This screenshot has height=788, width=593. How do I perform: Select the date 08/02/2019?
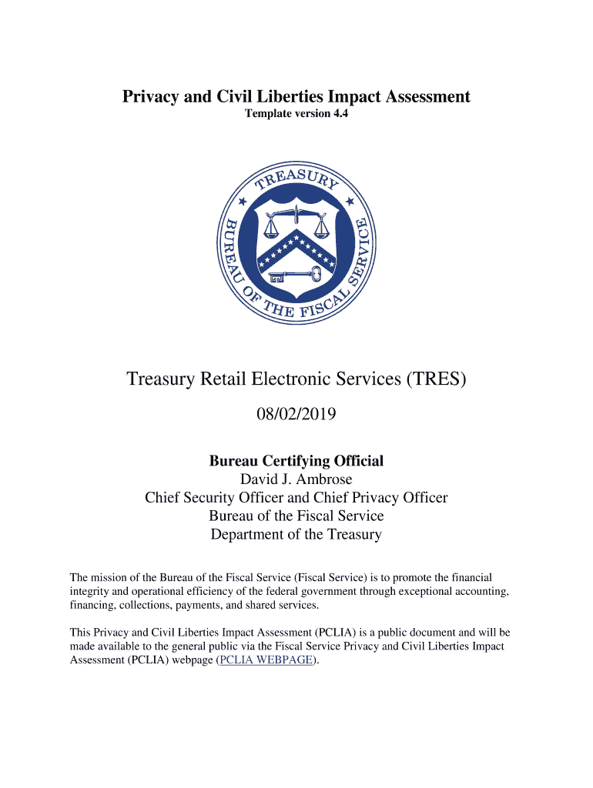(296, 415)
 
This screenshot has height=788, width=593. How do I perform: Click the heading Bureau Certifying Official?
(296, 461)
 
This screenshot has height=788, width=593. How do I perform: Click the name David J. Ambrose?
(296, 479)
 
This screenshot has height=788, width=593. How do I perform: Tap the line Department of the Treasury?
(296, 534)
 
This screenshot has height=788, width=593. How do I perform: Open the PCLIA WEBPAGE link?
(266, 659)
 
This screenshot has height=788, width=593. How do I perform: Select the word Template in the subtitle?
(268, 115)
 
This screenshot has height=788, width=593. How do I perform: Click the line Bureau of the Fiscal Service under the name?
(296, 516)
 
